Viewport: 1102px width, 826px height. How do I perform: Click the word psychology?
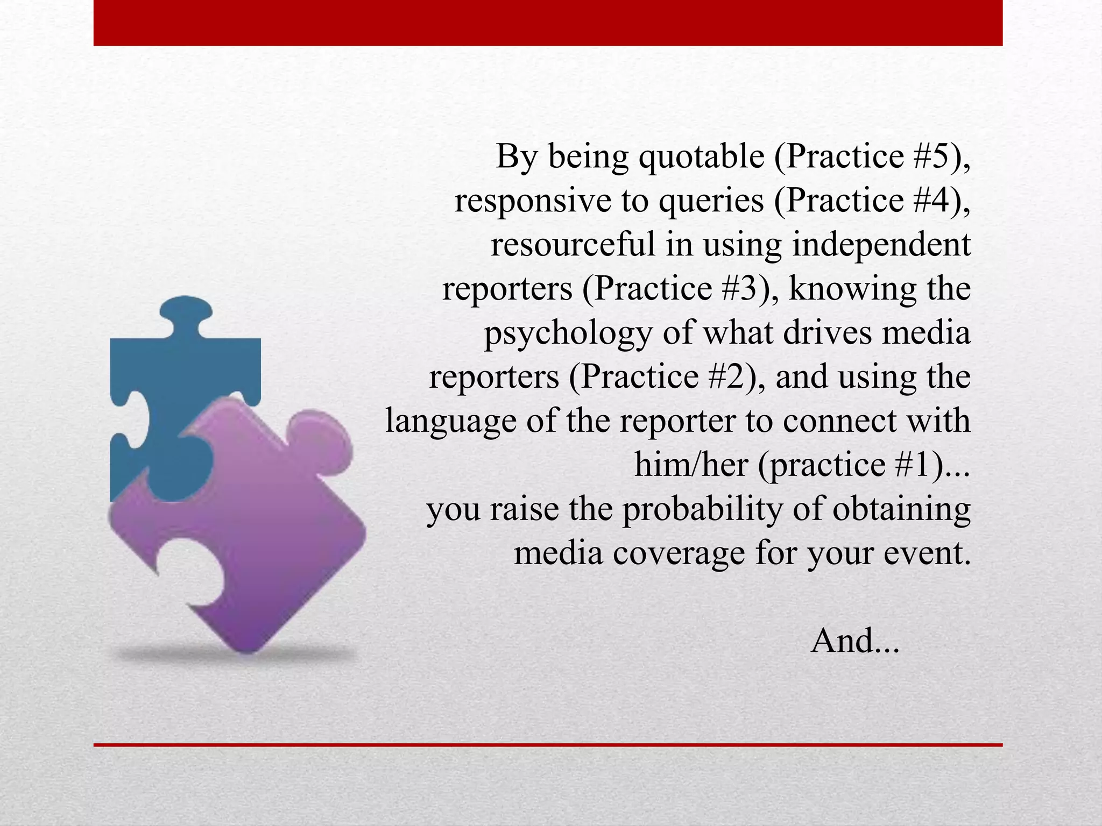(x=568, y=333)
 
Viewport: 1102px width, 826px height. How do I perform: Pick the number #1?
(x=913, y=465)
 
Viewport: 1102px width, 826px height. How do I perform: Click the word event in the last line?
(x=927, y=553)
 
